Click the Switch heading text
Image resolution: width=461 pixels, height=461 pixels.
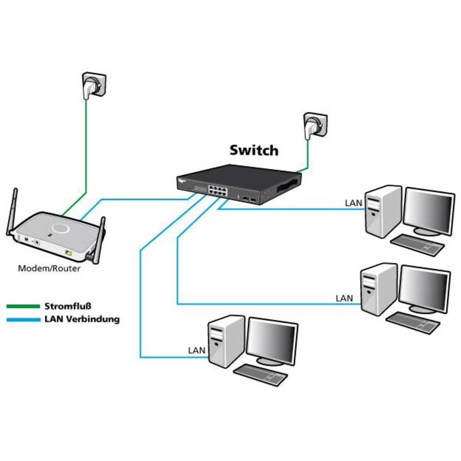coord(254,150)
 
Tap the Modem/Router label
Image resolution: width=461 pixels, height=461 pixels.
coord(49,268)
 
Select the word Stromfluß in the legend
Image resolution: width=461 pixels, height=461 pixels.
coord(68,306)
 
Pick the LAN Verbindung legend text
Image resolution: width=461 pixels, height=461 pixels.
coord(82,319)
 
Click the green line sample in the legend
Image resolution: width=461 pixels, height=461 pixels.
coord(23,306)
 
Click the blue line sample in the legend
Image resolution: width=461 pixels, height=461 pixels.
coord(23,319)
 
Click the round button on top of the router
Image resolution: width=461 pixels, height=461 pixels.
coord(60,228)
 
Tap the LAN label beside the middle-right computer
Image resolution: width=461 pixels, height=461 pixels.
coord(344,298)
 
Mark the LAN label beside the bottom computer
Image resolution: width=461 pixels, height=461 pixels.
coord(196,350)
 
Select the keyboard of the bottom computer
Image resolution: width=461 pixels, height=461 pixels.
coord(261,375)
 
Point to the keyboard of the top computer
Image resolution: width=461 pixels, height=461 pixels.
coord(418,245)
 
